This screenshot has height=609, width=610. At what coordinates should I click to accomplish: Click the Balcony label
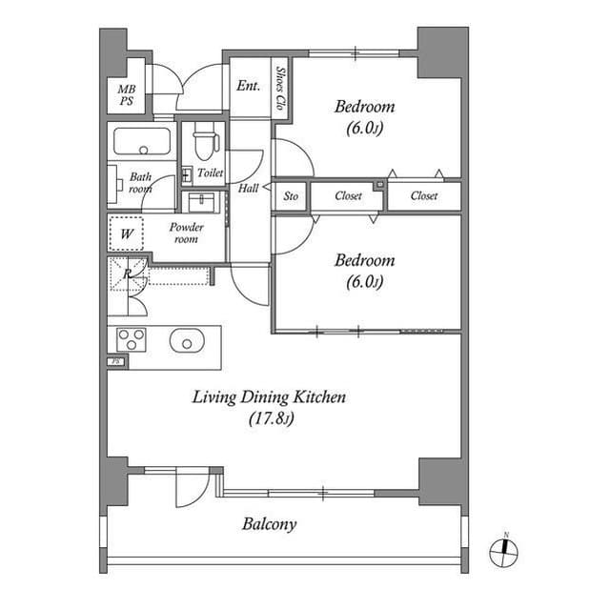pos(269,524)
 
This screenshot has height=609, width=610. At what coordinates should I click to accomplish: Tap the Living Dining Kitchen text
pos(269,397)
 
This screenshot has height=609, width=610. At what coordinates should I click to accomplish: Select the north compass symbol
pos(506,550)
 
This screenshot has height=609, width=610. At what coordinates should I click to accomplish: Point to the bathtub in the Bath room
pos(142,142)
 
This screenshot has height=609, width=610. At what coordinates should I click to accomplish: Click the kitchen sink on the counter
pos(187,339)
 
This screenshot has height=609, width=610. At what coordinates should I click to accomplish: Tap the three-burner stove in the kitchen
pos(131,339)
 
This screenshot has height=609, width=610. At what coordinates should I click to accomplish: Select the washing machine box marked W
pos(126,232)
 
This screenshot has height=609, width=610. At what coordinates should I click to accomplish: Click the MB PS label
pos(127,94)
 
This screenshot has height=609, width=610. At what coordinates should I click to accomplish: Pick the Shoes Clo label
pos(279,88)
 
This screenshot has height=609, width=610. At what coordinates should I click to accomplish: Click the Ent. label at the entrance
pos(248,86)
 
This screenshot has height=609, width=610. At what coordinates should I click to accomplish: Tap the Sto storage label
pos(291,196)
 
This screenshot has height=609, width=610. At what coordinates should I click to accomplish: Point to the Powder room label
pos(186,233)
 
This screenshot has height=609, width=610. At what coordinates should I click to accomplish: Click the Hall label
pos(248,189)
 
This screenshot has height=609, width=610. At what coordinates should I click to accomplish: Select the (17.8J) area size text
pos(269,417)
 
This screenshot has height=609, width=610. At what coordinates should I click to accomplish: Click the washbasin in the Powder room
pos(202,203)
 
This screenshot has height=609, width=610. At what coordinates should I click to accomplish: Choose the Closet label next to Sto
pos(348,196)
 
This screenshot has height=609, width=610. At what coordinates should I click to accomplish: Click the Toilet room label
pos(210,173)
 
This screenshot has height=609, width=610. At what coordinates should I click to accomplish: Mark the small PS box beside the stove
pos(116,361)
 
